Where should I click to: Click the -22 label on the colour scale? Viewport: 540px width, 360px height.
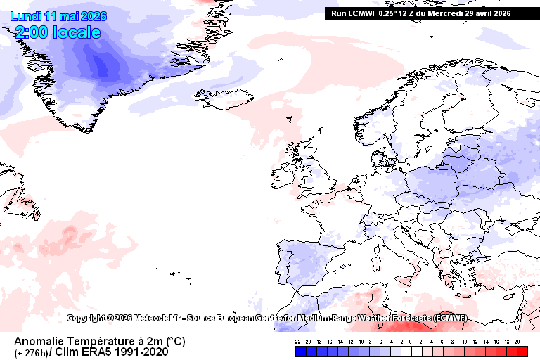pos(298,340)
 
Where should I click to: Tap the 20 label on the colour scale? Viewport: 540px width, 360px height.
pos(517,340)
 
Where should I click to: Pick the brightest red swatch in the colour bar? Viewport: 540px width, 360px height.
pos(520,350)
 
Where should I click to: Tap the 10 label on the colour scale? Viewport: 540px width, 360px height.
pos(464,340)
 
